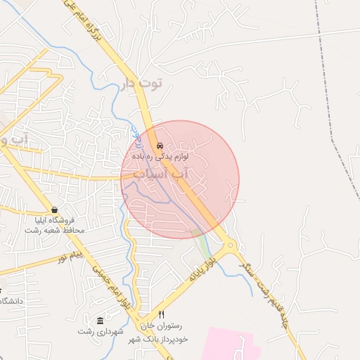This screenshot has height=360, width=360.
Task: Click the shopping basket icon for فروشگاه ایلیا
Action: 54,210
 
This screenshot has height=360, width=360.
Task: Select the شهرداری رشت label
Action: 101,330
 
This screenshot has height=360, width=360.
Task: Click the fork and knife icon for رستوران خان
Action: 161,314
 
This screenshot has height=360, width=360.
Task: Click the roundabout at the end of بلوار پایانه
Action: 230,247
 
